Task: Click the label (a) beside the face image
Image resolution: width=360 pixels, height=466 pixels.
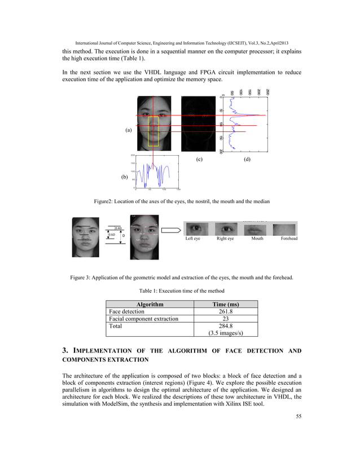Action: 129,130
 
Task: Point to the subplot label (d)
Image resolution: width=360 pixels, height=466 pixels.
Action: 247,160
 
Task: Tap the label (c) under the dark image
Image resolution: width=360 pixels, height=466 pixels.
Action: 199,160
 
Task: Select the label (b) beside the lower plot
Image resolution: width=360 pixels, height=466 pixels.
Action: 125,177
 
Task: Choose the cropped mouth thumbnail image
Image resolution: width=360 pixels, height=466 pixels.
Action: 256,228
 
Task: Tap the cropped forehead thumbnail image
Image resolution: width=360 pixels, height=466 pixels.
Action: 285,228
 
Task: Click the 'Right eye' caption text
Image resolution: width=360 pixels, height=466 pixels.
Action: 226,239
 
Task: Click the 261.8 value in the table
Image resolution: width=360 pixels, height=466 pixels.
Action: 226,311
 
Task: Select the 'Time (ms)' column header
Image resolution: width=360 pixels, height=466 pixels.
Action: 225,304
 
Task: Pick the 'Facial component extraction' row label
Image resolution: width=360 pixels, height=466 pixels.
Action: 144,319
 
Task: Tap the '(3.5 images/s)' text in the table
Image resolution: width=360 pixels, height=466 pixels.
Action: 225,333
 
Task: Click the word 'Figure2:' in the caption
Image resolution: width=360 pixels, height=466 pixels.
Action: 105,201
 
